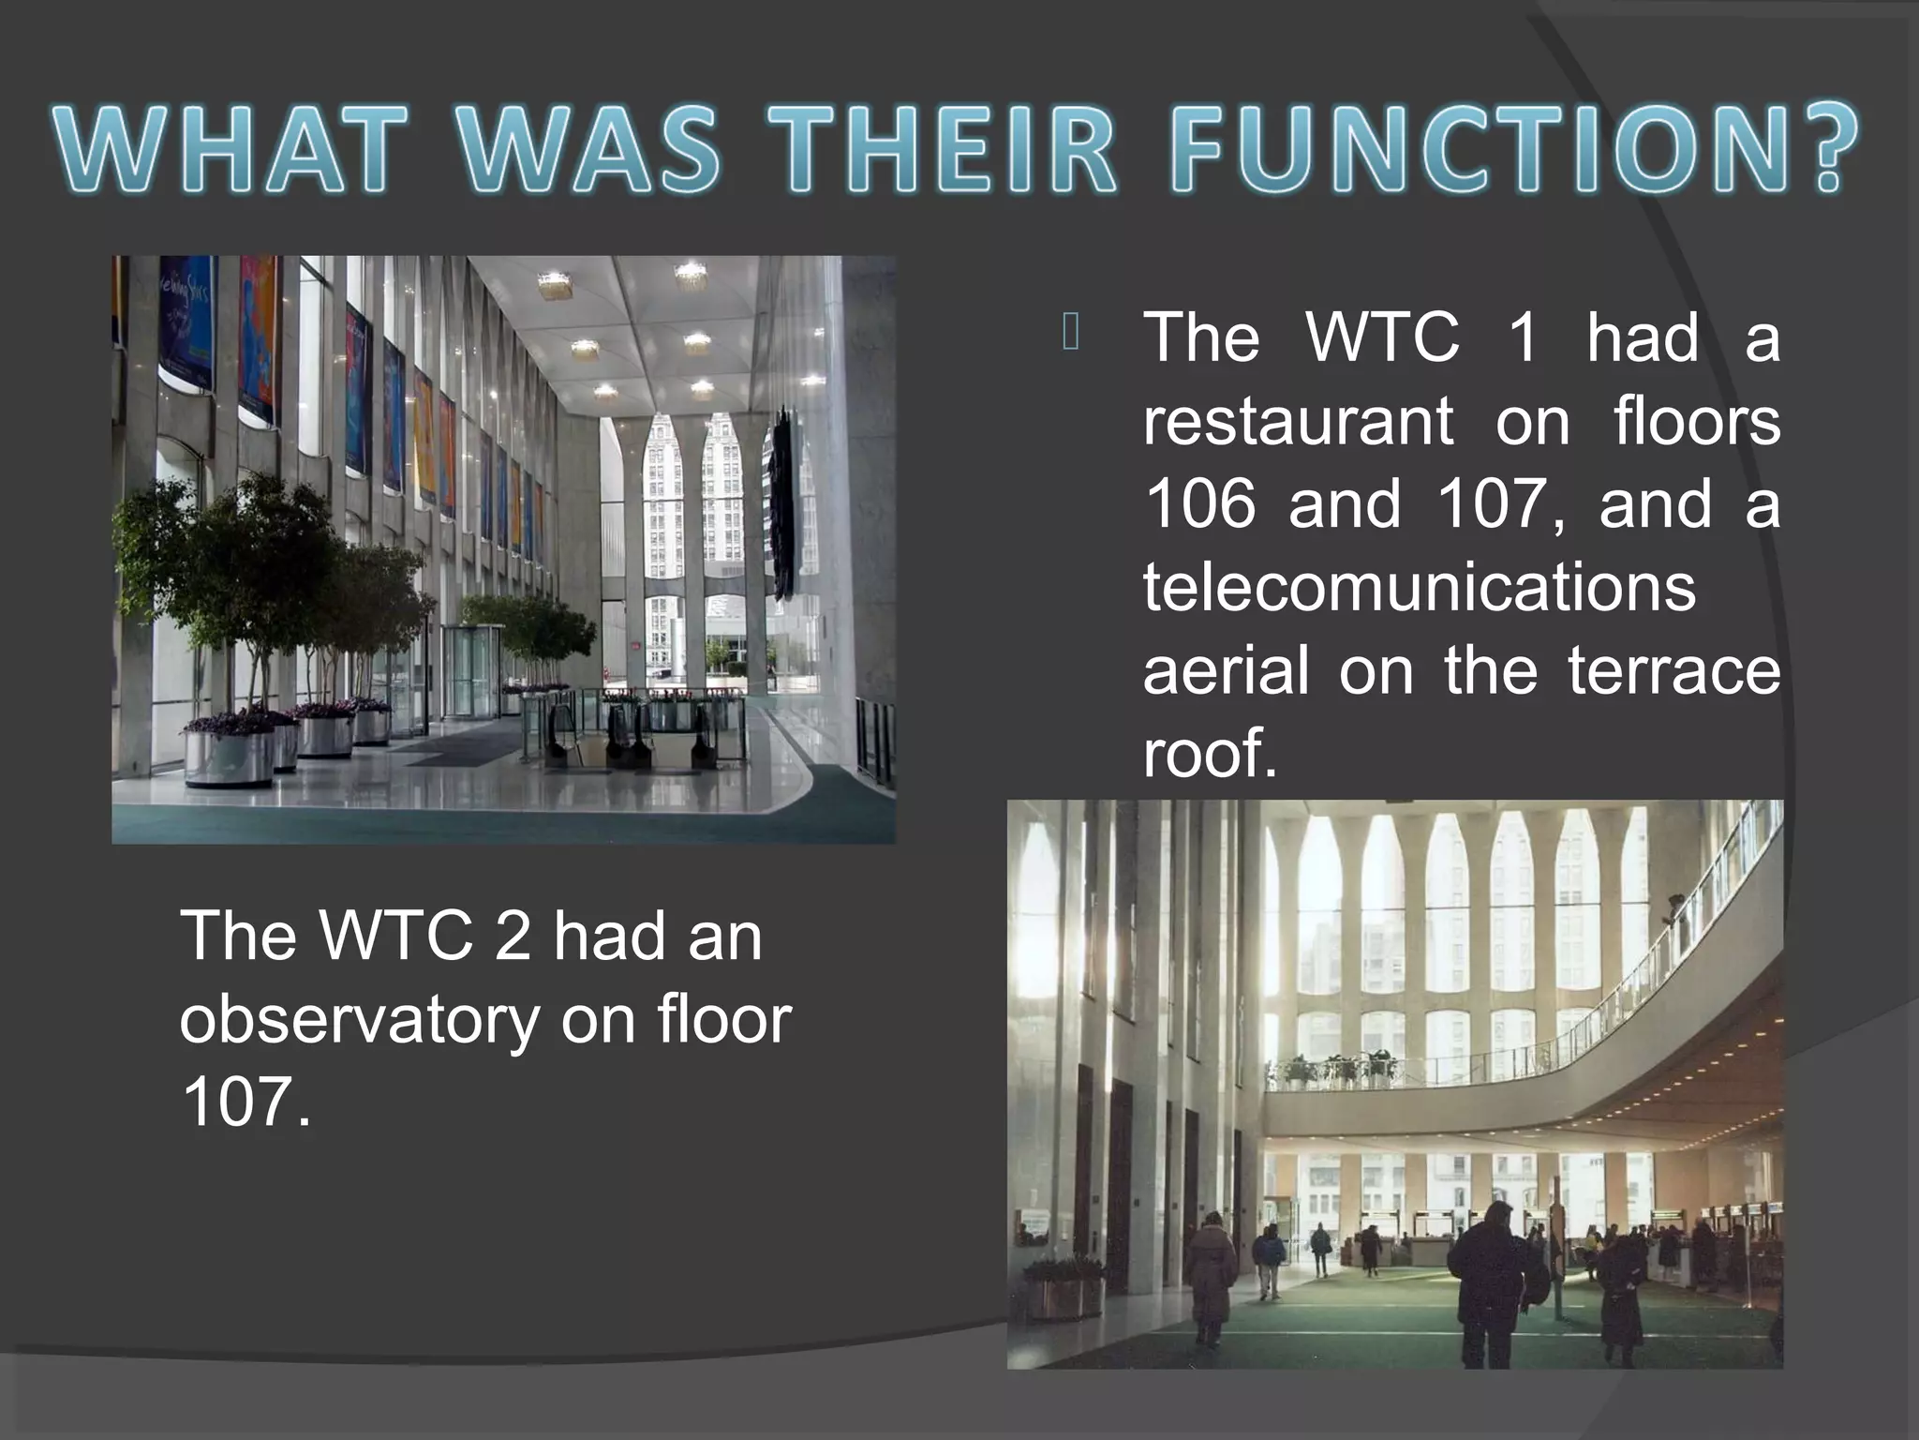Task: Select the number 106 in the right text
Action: tap(1199, 504)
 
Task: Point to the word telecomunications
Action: tap(1419, 588)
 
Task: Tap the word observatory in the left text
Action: tap(360, 1019)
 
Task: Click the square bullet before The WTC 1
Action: tap(1072, 334)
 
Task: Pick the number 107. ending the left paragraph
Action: tap(245, 1102)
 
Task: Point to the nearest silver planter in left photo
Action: tap(229, 756)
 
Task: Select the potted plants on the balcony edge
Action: tap(1340, 1069)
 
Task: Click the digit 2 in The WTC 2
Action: tap(512, 936)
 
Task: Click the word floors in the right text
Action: tap(1696, 423)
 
